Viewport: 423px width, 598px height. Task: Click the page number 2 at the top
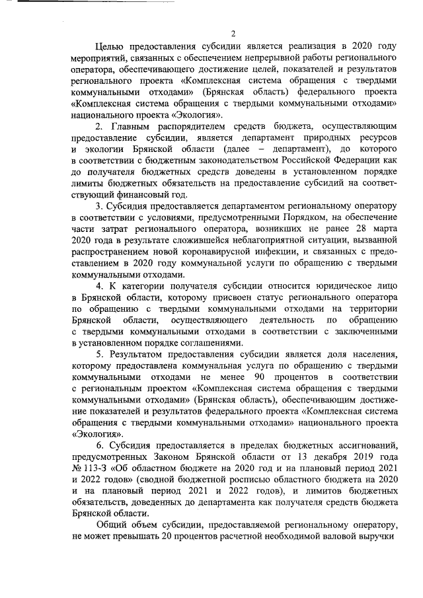(233, 34)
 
